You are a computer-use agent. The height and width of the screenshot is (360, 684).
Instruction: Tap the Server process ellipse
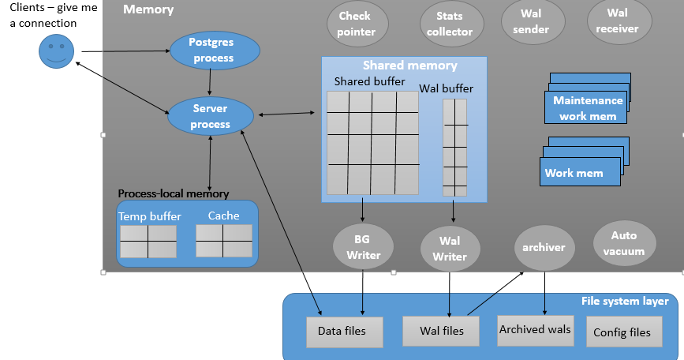[x=211, y=117]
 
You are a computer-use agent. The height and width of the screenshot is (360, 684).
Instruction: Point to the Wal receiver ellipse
[x=619, y=21]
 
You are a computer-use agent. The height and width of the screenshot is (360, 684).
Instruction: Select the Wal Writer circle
[x=449, y=249]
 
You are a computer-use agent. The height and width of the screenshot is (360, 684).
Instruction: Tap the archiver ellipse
[x=544, y=247]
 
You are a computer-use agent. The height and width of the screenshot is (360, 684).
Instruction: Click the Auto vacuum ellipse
[x=623, y=243]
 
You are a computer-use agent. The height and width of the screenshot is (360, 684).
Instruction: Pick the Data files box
[x=341, y=332]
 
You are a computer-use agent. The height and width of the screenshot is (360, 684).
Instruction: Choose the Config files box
[x=622, y=332]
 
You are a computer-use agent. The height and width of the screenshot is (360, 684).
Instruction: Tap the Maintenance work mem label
[x=587, y=108]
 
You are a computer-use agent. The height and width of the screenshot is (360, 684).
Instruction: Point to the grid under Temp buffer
[x=148, y=242]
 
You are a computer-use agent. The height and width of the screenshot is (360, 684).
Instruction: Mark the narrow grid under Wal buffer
[x=454, y=148]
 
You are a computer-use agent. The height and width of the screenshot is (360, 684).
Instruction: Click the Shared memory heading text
[x=409, y=66]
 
